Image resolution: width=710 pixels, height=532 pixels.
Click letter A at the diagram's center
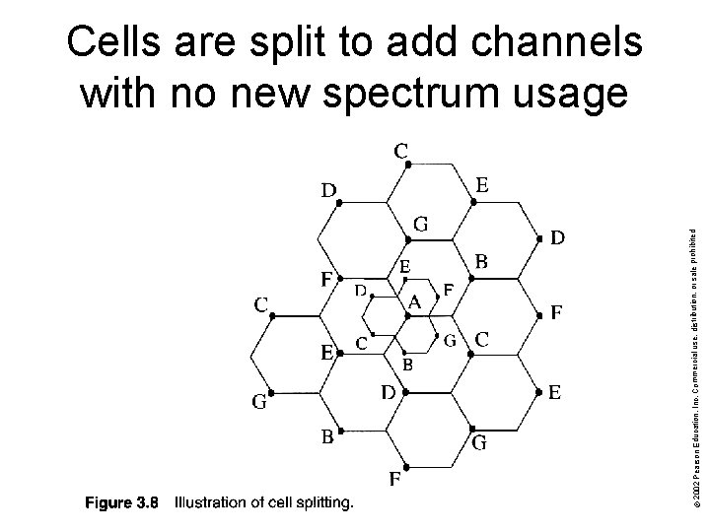(x=415, y=303)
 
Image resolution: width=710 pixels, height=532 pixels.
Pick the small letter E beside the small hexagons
(x=404, y=266)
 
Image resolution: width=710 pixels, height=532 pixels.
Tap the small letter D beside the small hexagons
(x=361, y=291)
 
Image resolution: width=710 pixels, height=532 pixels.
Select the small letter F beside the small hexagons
(x=449, y=292)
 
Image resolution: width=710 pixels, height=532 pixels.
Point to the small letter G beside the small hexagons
(x=449, y=341)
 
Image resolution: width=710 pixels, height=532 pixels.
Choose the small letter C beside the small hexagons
(x=362, y=343)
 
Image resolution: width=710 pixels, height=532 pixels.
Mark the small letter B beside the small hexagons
(x=406, y=364)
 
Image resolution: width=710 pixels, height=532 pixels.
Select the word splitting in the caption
(x=322, y=504)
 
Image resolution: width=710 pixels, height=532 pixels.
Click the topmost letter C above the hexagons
(x=402, y=151)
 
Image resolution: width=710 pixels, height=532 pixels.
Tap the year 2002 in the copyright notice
(x=697, y=501)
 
